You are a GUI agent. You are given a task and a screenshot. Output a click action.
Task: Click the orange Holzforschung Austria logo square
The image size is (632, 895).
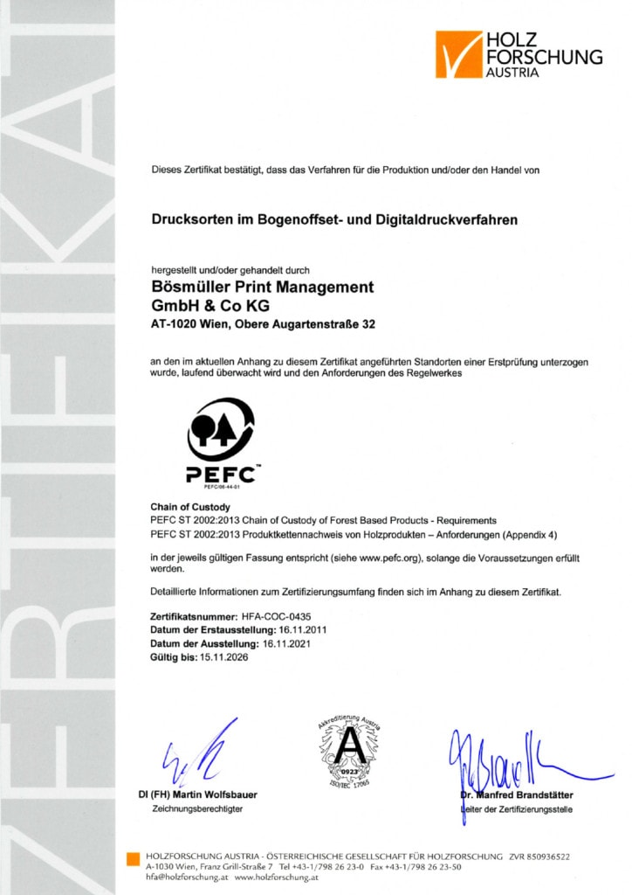[x=459, y=54]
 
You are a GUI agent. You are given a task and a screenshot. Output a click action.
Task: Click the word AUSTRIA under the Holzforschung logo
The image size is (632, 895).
[x=512, y=73]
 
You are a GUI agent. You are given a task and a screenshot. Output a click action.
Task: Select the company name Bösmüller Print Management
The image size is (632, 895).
[x=263, y=288]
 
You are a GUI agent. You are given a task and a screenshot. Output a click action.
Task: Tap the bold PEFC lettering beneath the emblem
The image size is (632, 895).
[x=221, y=475]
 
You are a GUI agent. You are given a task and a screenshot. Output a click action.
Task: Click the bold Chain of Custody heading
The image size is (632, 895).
[x=190, y=507]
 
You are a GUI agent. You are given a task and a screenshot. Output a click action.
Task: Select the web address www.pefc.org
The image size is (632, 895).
[x=398, y=558]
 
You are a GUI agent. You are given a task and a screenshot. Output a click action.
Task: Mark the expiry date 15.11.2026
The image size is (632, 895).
[x=224, y=657]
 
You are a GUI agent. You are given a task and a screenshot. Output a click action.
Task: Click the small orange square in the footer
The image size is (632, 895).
[x=133, y=857]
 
